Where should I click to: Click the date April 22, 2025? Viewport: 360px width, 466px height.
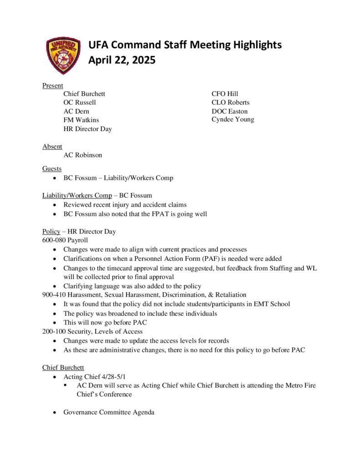pos(122,60)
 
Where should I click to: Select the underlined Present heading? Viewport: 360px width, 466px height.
pos(52,85)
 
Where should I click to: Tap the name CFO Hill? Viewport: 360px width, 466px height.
pos(225,94)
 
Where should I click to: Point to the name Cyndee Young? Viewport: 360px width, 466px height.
pos(233,120)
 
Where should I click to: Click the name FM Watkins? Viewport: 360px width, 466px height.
pos(81,120)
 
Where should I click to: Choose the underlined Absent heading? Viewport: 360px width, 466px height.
pos(52,146)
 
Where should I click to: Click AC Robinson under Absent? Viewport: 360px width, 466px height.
pos(83,155)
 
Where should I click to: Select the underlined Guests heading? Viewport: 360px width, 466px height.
pos(52,169)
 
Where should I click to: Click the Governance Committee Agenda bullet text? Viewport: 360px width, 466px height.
pos(109,412)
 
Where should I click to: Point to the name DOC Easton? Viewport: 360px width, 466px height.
pos(229,111)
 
